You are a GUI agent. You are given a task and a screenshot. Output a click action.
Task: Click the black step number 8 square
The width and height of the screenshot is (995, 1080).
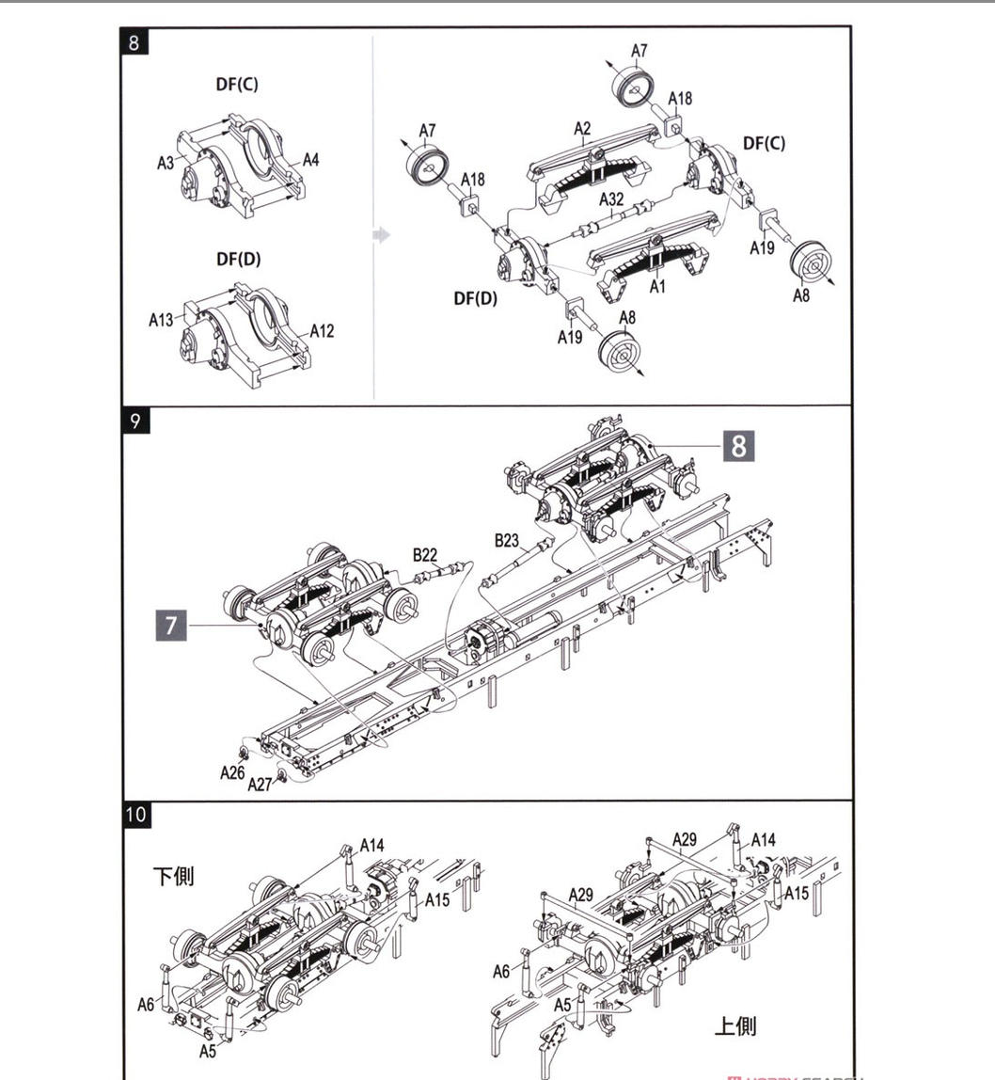click(x=134, y=42)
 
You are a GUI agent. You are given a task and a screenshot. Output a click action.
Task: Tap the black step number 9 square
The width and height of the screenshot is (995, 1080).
click(x=135, y=421)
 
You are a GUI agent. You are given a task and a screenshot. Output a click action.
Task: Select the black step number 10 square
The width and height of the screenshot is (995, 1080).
click(x=136, y=814)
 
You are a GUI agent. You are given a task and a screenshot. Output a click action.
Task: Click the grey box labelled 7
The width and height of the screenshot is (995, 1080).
click(x=171, y=626)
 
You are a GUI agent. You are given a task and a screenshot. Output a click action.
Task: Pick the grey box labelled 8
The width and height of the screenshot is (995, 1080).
click(x=738, y=446)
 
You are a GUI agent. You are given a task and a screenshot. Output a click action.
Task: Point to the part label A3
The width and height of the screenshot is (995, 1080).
click(x=166, y=164)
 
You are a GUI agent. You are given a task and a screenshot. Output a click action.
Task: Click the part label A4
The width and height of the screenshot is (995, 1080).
click(x=310, y=160)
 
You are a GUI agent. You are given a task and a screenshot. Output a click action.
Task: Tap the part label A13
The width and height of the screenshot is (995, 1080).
click(x=161, y=320)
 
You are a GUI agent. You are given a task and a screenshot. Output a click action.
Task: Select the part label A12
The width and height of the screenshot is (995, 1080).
click(x=322, y=331)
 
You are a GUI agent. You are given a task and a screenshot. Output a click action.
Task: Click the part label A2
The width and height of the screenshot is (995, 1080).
click(x=582, y=129)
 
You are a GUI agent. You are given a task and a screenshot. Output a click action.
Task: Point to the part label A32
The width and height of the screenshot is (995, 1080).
click(x=610, y=199)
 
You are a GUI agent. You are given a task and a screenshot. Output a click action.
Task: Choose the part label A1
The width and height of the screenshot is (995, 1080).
click(x=657, y=286)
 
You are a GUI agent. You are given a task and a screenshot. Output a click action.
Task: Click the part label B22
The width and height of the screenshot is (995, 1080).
click(x=425, y=555)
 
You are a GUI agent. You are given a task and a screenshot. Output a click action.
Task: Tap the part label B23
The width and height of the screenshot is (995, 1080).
click(x=506, y=541)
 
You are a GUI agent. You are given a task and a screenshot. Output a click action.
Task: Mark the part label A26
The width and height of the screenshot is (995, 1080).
click(x=232, y=772)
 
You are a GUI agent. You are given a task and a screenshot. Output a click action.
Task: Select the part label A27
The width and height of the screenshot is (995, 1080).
click(x=260, y=784)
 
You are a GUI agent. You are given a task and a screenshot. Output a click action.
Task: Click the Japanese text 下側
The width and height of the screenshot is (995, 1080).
click(x=173, y=877)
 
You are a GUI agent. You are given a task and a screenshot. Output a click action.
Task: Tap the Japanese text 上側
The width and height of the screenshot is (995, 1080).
click(x=735, y=1025)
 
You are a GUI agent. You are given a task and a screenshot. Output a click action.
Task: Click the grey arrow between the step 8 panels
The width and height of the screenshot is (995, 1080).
click(x=382, y=235)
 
